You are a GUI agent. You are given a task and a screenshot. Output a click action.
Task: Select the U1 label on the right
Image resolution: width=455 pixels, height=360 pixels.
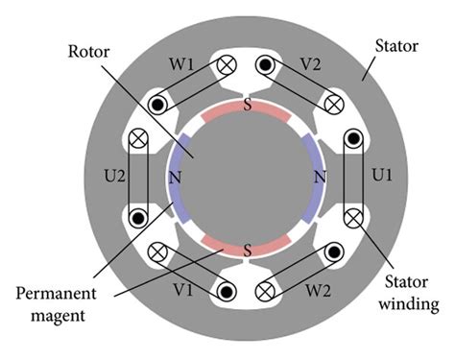[x=382, y=179]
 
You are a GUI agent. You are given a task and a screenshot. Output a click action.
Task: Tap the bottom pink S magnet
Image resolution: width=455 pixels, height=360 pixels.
[x=247, y=250]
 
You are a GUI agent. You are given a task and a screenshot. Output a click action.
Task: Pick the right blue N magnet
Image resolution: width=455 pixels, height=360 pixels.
[x=317, y=179]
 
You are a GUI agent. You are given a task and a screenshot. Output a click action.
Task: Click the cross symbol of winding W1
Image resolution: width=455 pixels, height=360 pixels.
[x=228, y=66]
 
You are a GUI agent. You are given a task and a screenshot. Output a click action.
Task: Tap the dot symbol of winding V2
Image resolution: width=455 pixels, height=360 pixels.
[x=263, y=65]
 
